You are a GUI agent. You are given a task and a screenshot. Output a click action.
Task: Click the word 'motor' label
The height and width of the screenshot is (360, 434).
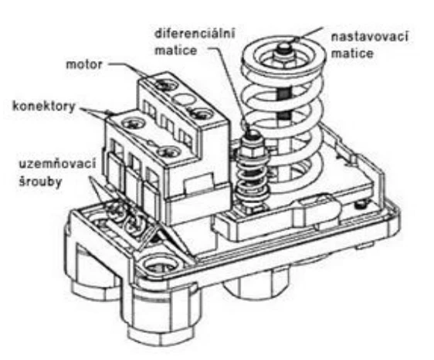[x=84, y=65]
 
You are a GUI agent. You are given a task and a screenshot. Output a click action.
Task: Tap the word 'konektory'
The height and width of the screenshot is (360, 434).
[x=44, y=107]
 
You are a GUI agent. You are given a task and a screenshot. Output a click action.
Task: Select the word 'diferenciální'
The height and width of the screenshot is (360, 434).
[x=195, y=33]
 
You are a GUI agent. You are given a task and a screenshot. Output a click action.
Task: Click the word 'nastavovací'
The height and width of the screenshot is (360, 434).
[x=369, y=36]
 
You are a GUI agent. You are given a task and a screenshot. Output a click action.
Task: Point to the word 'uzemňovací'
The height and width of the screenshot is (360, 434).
[x=57, y=163]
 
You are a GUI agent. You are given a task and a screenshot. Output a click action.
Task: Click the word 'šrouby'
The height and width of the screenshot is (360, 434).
[x=40, y=182]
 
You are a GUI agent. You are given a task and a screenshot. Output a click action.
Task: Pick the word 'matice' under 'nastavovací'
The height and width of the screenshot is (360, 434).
[x=352, y=53]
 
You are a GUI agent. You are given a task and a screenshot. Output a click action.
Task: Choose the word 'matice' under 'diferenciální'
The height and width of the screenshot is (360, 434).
[x=176, y=51]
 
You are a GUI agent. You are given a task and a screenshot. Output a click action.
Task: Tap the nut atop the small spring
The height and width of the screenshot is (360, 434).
[x=251, y=151]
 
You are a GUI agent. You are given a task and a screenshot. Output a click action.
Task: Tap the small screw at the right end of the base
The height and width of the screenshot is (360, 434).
[x=361, y=205]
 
